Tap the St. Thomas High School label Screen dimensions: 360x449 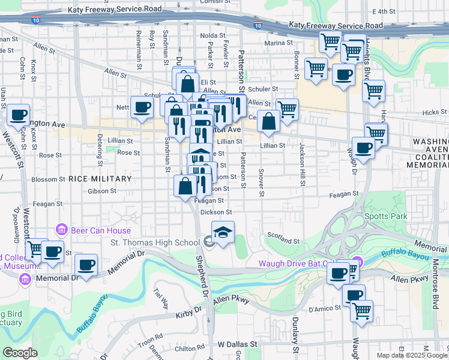pyautogui.click(x=155, y=242)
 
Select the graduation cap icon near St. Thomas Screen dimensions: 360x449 pyautogui.click(x=223, y=232)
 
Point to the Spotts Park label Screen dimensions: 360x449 pyautogui.click(x=385, y=216)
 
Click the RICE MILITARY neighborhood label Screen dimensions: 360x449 pyautogui.click(x=100, y=179)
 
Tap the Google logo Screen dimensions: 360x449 pyautogui.click(x=20, y=353)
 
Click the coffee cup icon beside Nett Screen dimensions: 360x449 pyautogui.click(x=142, y=107)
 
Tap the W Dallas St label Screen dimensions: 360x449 pyautogui.click(x=237, y=345)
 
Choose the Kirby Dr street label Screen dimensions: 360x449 pyautogui.click(x=188, y=314)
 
